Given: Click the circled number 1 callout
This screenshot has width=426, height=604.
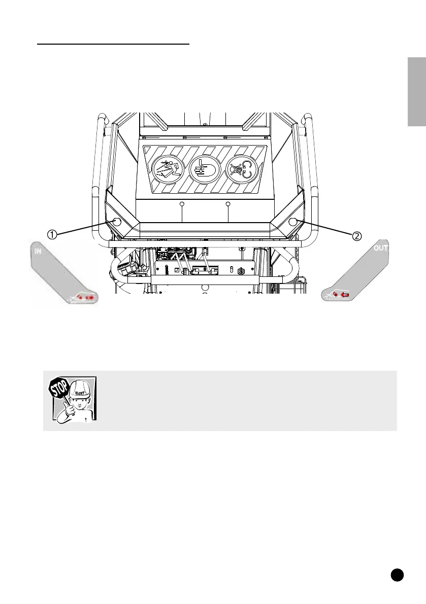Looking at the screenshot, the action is (52, 234).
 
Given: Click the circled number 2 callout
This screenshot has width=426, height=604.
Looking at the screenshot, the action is (357, 235).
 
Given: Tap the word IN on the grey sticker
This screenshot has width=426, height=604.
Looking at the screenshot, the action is (39, 251).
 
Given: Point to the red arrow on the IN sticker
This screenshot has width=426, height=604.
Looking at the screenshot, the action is (89, 298).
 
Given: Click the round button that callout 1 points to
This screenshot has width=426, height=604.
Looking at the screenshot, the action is (116, 222).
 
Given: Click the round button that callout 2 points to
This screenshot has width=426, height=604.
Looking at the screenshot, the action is (292, 222).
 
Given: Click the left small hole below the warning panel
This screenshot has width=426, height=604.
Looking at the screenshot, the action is (182, 204).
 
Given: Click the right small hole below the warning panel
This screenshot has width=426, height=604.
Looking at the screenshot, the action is (228, 204).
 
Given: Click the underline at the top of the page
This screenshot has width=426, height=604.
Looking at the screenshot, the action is (114, 44).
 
